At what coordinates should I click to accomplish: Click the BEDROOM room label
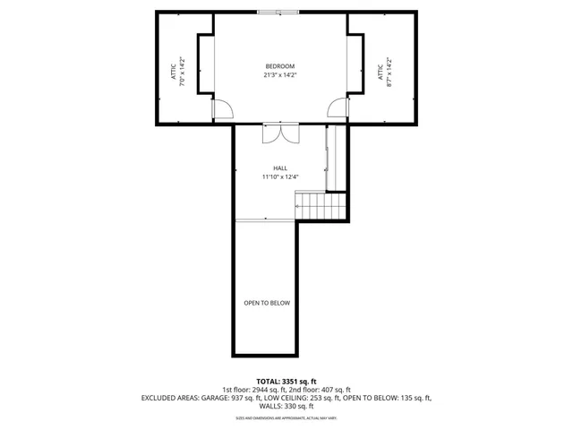[x=279, y=67]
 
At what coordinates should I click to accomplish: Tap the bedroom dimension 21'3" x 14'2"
[x=279, y=75]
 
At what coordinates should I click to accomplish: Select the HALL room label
[x=279, y=168]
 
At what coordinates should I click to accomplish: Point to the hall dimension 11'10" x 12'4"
[x=279, y=176]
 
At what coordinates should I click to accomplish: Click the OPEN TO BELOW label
[x=267, y=303]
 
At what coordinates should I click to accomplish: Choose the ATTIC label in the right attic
[x=381, y=71]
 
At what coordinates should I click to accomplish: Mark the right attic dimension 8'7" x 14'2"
[x=389, y=71]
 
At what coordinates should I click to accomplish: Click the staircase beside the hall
[x=322, y=208]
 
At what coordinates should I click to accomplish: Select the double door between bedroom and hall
[x=279, y=133]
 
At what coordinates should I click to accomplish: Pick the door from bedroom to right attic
[x=338, y=108]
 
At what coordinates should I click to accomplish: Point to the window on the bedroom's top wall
[x=278, y=13]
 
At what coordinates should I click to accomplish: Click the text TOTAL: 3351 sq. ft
[x=286, y=381]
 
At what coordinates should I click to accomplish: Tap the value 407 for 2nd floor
[x=330, y=390]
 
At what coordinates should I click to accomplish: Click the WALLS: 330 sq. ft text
[x=286, y=407]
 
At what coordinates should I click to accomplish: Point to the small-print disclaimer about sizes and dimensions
[x=286, y=418]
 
